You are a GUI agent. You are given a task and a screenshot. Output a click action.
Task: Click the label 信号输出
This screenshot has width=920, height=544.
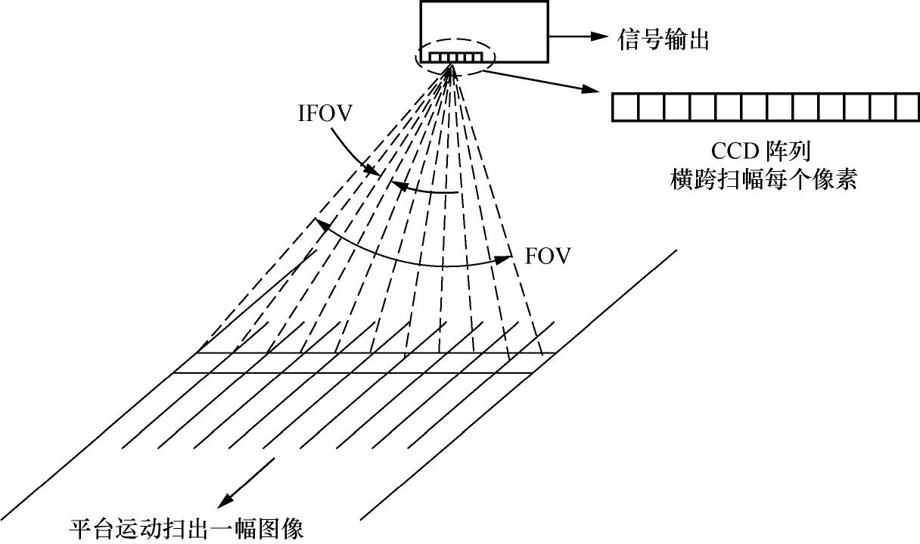(x=664, y=39)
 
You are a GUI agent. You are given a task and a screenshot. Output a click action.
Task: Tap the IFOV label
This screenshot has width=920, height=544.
(x=323, y=114)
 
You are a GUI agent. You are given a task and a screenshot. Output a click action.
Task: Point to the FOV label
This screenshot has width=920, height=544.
(x=548, y=256)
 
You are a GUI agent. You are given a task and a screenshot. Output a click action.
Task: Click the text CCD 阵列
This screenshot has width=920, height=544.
(x=761, y=151)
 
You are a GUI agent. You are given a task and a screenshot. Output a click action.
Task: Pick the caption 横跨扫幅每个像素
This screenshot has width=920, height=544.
(x=763, y=180)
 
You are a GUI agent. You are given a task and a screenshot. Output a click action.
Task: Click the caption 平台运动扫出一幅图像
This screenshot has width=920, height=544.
(x=186, y=528)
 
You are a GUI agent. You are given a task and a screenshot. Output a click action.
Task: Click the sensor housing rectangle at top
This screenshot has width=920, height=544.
(x=483, y=30)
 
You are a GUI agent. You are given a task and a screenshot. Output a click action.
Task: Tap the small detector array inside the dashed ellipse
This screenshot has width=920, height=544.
(x=455, y=57)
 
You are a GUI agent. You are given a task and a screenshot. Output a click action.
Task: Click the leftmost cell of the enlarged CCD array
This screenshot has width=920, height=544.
(x=624, y=107)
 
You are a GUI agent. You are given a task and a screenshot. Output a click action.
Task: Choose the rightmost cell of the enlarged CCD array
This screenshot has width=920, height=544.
(x=906, y=107)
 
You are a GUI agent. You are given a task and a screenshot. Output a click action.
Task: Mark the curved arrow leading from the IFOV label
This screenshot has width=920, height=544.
(x=353, y=151)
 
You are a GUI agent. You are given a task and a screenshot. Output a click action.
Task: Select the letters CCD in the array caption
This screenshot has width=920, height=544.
(x=735, y=151)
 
